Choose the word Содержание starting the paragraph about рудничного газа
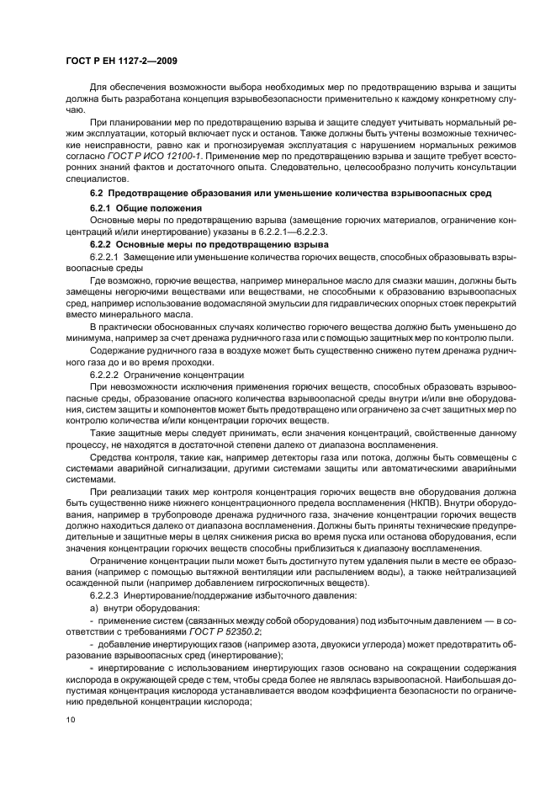(x=118, y=349)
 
